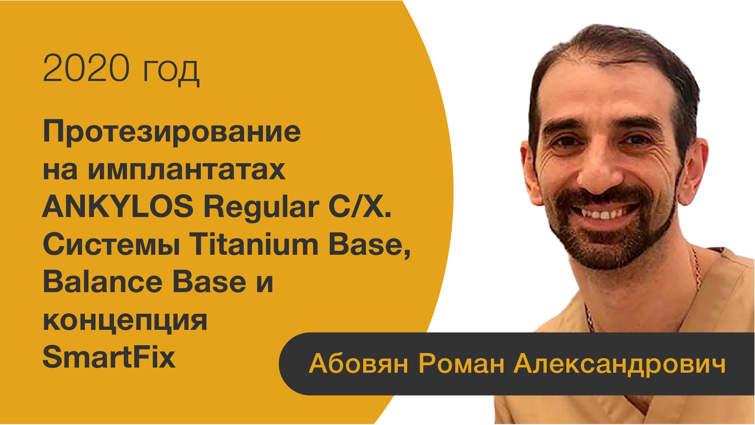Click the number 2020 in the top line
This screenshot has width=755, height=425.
tap(86, 68)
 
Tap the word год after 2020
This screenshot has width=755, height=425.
tap(171, 71)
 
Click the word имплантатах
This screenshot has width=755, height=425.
tap(187, 170)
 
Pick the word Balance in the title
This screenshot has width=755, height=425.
tap(102, 282)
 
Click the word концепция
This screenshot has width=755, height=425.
tap(125, 321)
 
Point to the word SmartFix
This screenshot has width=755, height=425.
tap(109, 357)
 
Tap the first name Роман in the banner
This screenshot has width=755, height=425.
tap(461, 364)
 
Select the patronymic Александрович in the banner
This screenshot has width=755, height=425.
tap(620, 364)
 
